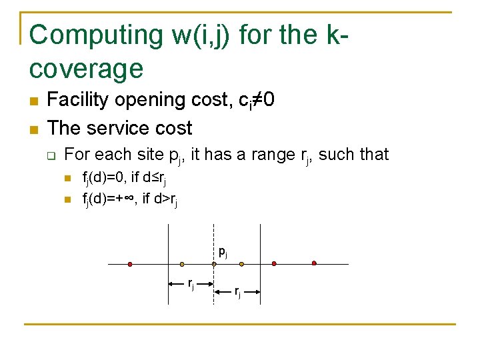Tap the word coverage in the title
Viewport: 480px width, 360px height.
[x=87, y=68]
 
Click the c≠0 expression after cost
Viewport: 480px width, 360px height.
[x=256, y=101]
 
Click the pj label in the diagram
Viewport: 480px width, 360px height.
[x=223, y=252]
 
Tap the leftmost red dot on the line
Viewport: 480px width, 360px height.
[x=130, y=264]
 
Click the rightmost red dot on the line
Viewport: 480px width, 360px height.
[x=314, y=263]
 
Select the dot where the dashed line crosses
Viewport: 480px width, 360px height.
[x=214, y=264]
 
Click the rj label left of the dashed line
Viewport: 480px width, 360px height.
[x=191, y=285]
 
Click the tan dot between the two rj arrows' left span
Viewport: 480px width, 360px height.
[x=182, y=264]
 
